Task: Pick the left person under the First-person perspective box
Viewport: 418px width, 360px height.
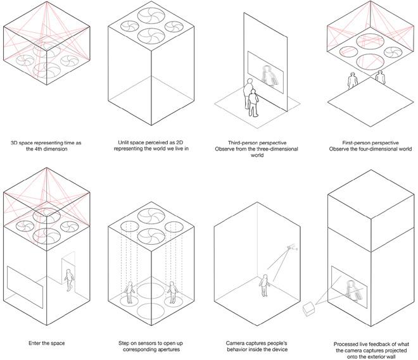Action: (352, 80)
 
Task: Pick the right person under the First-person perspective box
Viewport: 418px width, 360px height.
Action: (380, 78)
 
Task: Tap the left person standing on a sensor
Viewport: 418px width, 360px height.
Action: (130, 293)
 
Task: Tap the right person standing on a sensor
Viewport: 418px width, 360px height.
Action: (171, 293)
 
